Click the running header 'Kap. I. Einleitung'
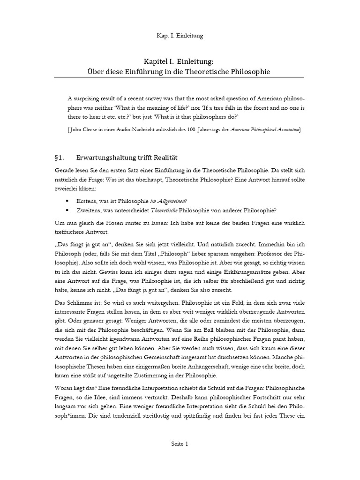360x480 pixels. coord(180,35)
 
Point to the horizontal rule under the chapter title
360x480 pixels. coord(180,78)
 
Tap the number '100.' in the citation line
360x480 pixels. coord(201,129)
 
